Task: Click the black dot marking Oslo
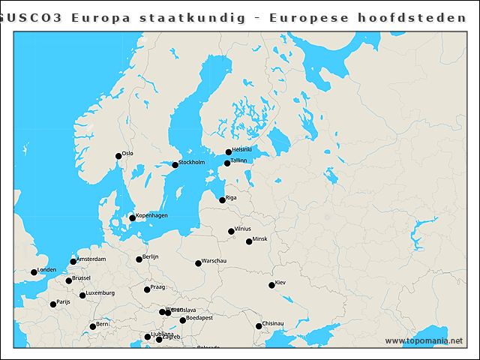(118, 157)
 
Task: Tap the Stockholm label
(192, 163)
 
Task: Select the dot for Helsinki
(229, 152)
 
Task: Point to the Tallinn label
(239, 160)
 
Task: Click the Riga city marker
(222, 200)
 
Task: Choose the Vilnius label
(243, 229)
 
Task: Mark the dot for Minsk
(249, 241)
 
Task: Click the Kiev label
(280, 283)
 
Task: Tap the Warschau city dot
(198, 263)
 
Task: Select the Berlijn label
(151, 256)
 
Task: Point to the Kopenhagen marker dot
(132, 218)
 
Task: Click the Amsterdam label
(91, 259)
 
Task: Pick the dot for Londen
(34, 272)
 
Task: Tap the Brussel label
(81, 278)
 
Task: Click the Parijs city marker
(53, 304)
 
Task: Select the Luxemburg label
(100, 293)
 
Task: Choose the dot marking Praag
(147, 289)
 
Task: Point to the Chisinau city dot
(259, 326)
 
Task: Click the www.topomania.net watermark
(424, 341)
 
